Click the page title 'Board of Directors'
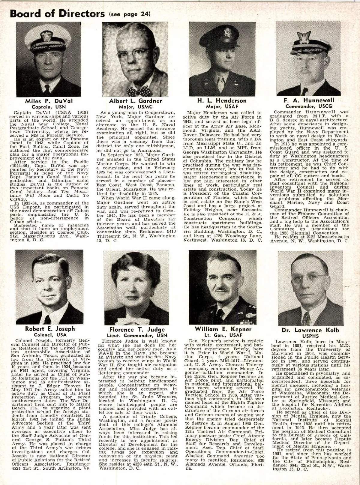[57, 13]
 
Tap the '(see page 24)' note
[128, 14]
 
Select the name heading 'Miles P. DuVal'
[49, 101]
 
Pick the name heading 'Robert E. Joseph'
[49, 329]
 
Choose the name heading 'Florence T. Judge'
[137, 330]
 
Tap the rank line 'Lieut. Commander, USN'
[137, 336]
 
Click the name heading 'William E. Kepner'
[223, 329]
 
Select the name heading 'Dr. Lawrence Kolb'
[310, 331]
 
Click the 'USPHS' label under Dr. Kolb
[310, 336]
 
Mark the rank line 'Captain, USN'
[49, 106]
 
